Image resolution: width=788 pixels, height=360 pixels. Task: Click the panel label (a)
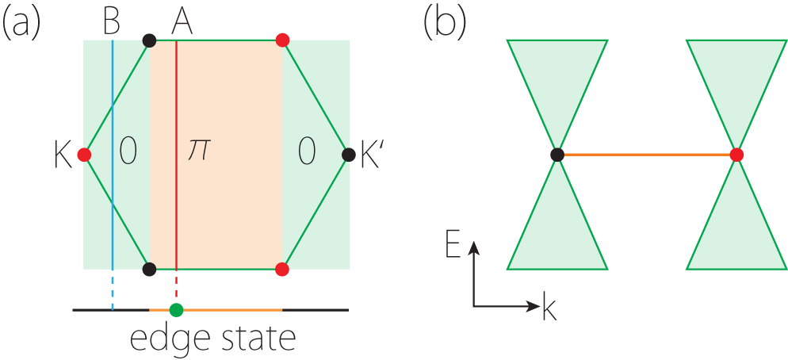tap(22, 22)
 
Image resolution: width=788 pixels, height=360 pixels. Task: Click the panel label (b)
tap(446, 22)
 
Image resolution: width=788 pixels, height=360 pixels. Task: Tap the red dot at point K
tap(84, 155)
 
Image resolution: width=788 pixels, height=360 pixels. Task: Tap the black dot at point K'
tap(347, 155)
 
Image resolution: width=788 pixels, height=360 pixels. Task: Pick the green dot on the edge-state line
tap(176, 309)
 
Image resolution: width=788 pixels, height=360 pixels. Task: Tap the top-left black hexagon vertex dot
tap(148, 40)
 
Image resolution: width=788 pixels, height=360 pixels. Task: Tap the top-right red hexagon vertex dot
tap(281, 40)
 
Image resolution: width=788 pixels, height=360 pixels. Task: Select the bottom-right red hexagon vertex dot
tap(281, 269)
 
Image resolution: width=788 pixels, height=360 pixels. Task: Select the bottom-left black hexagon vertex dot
tap(148, 269)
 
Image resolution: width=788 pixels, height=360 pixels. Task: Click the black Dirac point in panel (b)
tap(557, 155)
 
